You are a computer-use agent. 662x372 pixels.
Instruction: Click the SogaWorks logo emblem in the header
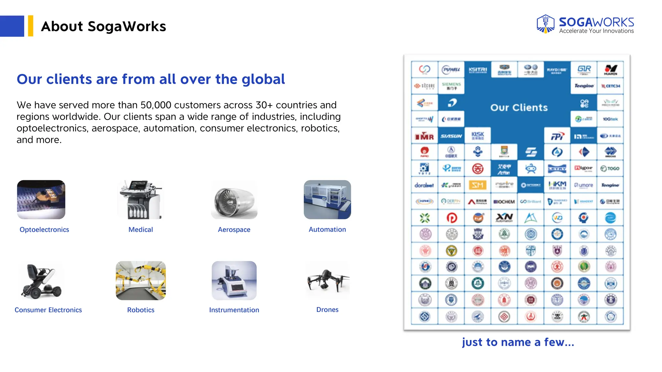click(x=546, y=24)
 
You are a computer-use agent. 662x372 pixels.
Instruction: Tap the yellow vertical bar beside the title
click(x=31, y=26)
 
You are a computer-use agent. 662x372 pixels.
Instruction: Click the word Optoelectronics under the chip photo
click(x=44, y=230)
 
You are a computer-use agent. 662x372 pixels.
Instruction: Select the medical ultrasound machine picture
click(x=141, y=200)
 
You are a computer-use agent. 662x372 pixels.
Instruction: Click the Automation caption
click(x=327, y=230)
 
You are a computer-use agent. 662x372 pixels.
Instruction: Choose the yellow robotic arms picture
click(x=141, y=280)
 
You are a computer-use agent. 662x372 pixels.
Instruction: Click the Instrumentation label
click(x=234, y=310)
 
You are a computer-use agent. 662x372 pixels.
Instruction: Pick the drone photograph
click(x=327, y=280)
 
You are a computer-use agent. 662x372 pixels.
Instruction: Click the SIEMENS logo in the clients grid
click(x=451, y=86)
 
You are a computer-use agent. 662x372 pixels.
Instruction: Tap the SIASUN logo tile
click(x=451, y=136)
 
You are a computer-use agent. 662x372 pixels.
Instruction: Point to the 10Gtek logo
click(x=610, y=119)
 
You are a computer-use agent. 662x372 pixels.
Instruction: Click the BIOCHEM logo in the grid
click(x=504, y=202)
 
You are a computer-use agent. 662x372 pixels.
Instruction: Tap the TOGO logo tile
click(x=610, y=169)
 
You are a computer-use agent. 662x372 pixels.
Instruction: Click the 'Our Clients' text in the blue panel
click(x=519, y=108)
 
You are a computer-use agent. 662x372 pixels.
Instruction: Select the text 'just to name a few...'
click(x=518, y=342)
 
